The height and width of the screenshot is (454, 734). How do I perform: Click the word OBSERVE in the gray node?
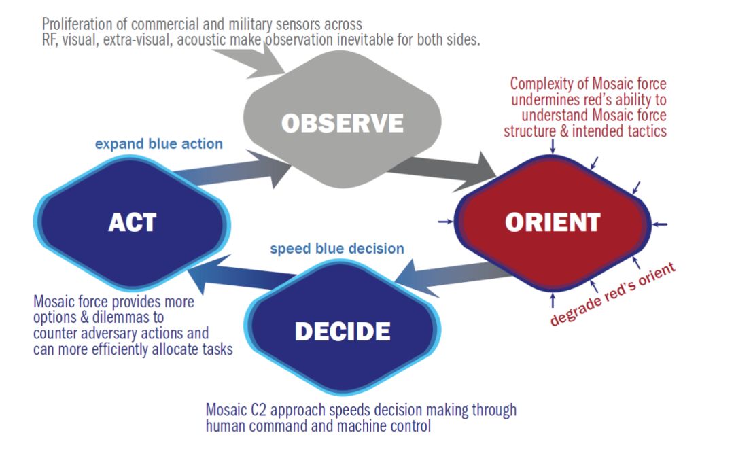tap(343, 123)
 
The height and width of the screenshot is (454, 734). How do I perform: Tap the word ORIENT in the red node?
tap(553, 222)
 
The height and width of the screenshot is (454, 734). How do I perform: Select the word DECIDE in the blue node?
tap(343, 331)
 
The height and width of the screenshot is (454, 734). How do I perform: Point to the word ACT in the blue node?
tap(132, 222)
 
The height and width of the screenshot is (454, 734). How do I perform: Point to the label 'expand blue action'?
tap(159, 143)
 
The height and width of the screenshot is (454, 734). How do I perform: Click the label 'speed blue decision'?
tap(337, 249)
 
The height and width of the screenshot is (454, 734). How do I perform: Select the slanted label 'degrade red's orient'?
tap(614, 294)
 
